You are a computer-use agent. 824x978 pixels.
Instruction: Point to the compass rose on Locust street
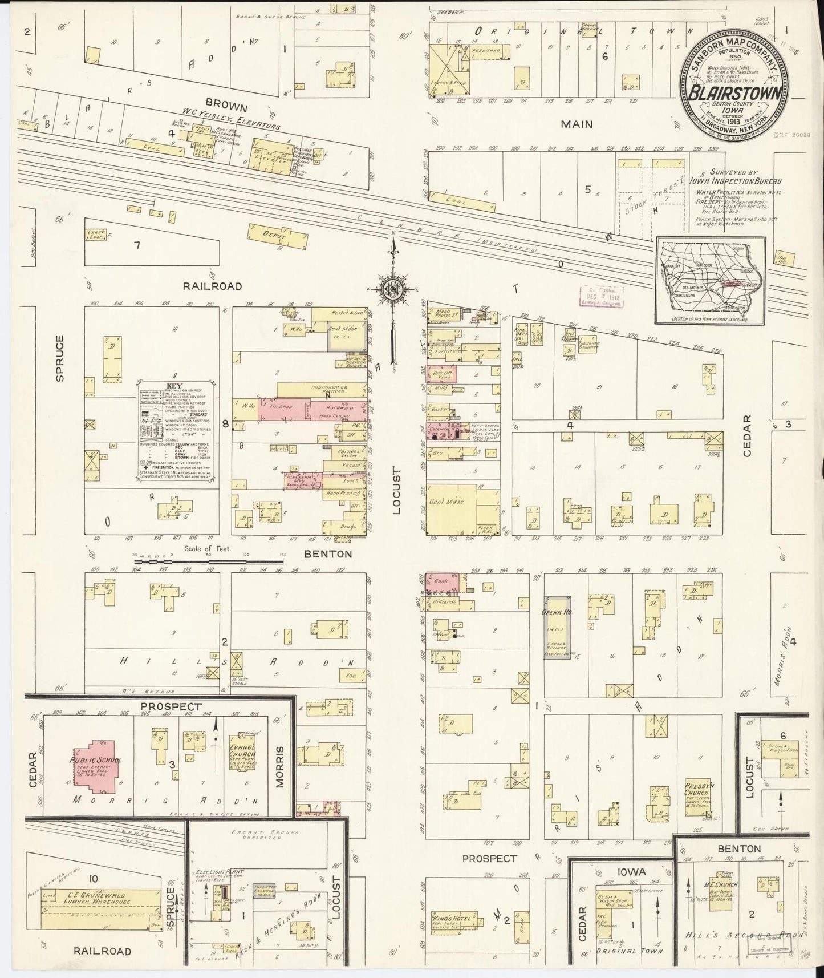pos(393,288)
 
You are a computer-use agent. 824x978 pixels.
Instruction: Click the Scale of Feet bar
pos(171,561)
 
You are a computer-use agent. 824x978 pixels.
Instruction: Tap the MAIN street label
pos(577,124)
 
